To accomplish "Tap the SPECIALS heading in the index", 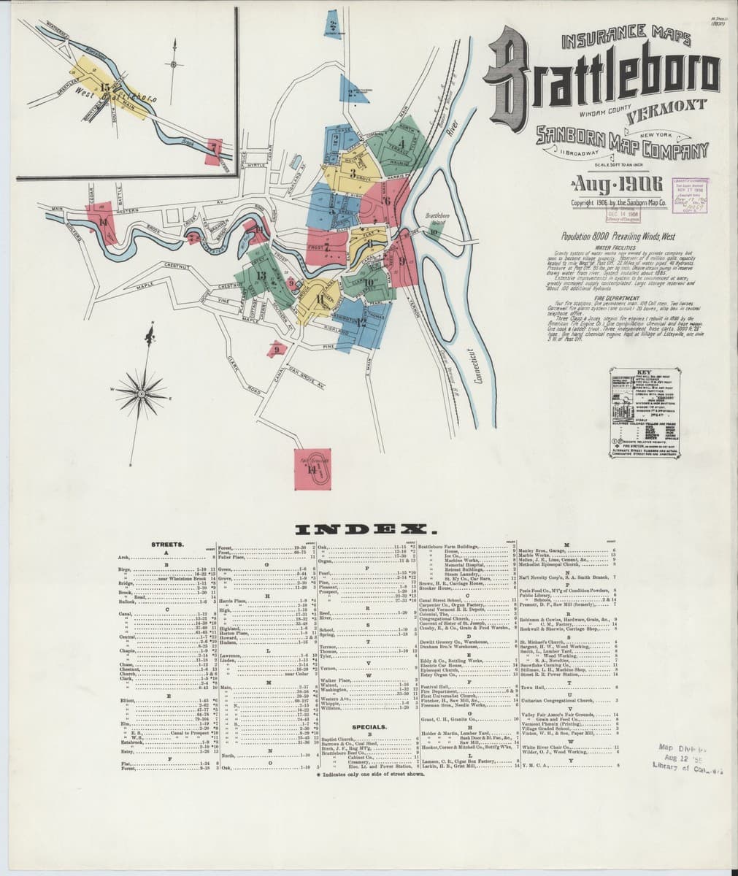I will click(369, 727).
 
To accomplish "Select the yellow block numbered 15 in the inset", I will click(105, 86).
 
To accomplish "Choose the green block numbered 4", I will click(401, 142).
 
